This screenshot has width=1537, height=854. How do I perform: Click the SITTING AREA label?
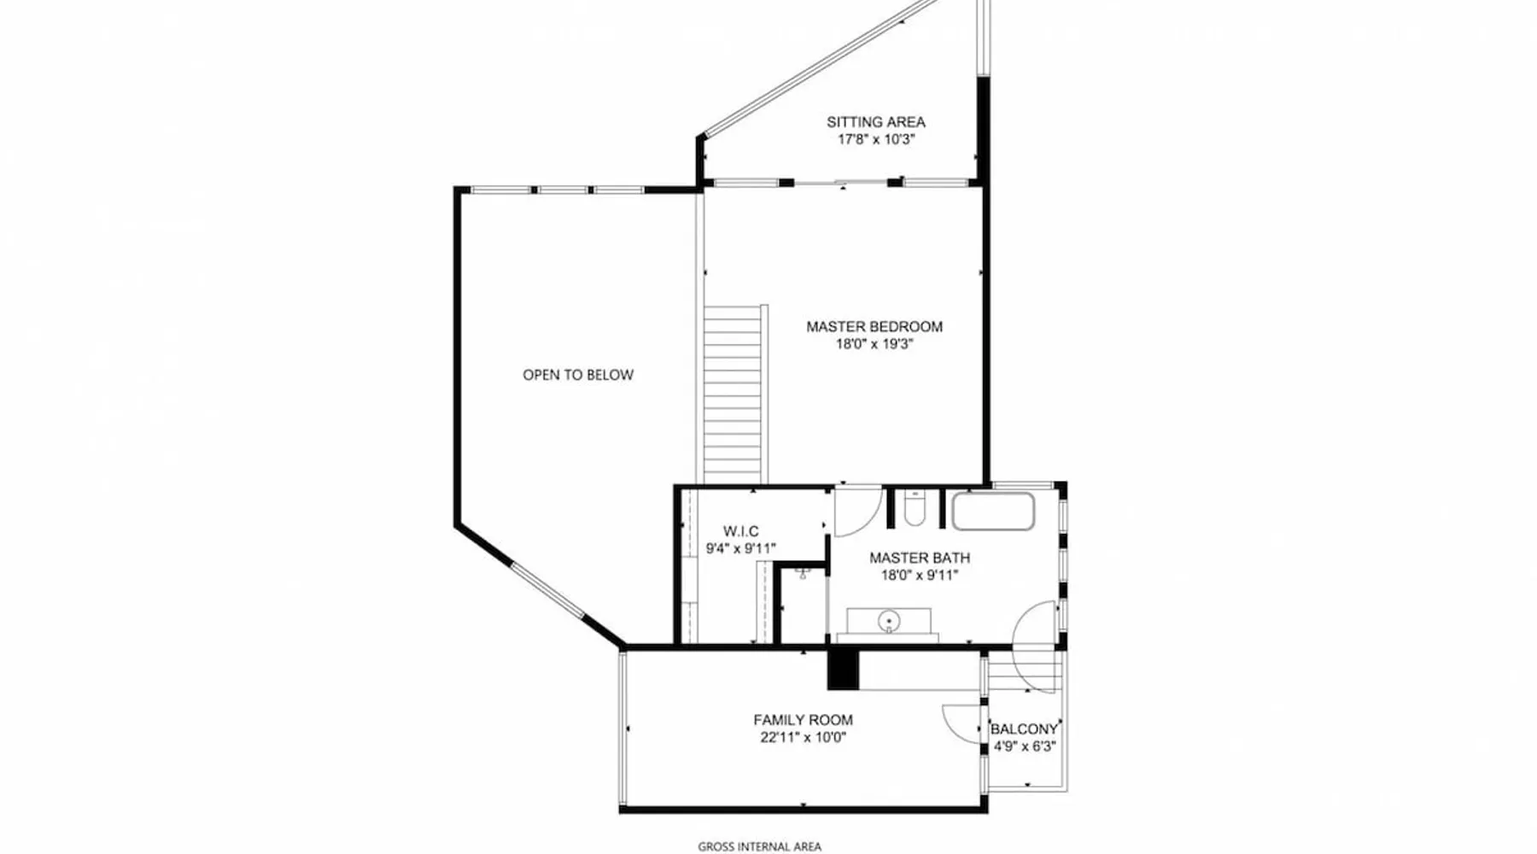click(x=875, y=122)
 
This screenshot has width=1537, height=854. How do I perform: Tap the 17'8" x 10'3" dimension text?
click(x=875, y=139)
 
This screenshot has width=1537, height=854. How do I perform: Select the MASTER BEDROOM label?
click(x=874, y=326)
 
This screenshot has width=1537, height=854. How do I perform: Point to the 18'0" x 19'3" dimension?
click(x=874, y=344)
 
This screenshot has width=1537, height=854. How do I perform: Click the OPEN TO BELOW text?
click(x=578, y=375)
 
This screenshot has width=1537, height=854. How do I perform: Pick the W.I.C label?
click(x=740, y=531)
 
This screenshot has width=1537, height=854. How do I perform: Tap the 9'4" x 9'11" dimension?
click(x=740, y=549)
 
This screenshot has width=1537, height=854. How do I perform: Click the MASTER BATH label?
click(x=920, y=558)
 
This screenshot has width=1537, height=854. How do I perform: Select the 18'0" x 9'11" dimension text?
click(x=920, y=576)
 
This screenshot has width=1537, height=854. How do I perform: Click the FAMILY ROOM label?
click(x=803, y=720)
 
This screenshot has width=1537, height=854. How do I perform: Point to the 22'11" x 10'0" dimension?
click(x=803, y=738)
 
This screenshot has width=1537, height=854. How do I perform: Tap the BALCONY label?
click(x=1024, y=729)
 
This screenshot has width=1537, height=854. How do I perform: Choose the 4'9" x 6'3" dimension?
click(x=1025, y=746)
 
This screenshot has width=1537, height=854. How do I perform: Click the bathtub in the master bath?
click(x=993, y=512)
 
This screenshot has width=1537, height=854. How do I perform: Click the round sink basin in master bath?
click(x=889, y=620)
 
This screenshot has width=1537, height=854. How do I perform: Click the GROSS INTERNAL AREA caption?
click(x=759, y=847)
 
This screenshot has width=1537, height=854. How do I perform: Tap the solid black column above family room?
click(x=843, y=669)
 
